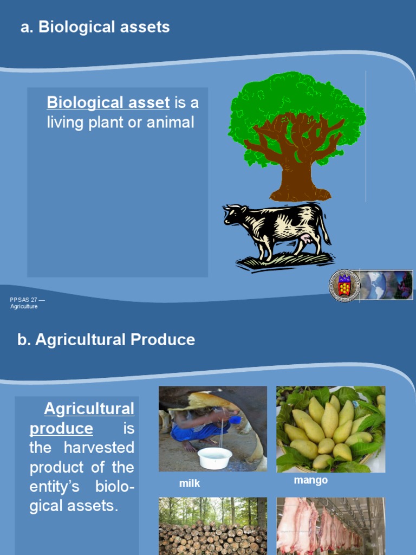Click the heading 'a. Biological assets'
point(95,27)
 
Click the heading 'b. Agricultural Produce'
point(106,340)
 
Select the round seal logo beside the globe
point(344,285)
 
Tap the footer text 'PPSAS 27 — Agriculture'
point(24,303)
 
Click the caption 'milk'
point(190,483)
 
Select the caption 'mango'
point(310,481)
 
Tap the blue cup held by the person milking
point(235,420)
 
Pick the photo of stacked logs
point(212,526)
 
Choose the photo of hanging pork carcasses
point(330,526)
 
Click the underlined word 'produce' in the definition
point(61,429)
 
